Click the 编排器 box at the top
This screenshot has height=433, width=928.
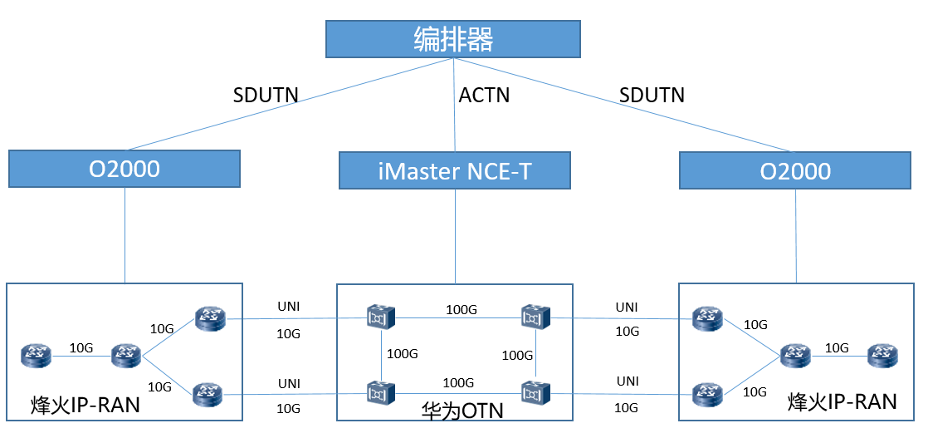pos(452,39)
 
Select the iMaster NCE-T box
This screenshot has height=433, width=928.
pos(455,170)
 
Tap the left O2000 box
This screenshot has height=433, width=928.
pos(125,169)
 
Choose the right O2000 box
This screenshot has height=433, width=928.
pos(796,170)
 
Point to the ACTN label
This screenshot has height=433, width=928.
pos(484,95)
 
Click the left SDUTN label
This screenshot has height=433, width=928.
pos(266,95)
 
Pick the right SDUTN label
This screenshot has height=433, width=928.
pos(652,95)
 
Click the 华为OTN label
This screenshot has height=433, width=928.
pos(455,410)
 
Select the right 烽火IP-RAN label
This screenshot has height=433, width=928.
pos(842,402)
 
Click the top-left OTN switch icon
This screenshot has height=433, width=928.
pos(381,317)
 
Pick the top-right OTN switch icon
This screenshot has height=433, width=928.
pos(535,317)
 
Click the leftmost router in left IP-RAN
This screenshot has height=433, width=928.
pos(37,357)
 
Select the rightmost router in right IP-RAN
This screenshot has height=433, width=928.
pos(882,357)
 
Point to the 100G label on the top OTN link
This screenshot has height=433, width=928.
pos(461,309)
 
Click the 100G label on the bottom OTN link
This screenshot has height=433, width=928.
pos(457,383)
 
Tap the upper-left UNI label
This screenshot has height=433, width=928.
pos(289,308)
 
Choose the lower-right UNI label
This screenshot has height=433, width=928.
pos(627,381)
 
